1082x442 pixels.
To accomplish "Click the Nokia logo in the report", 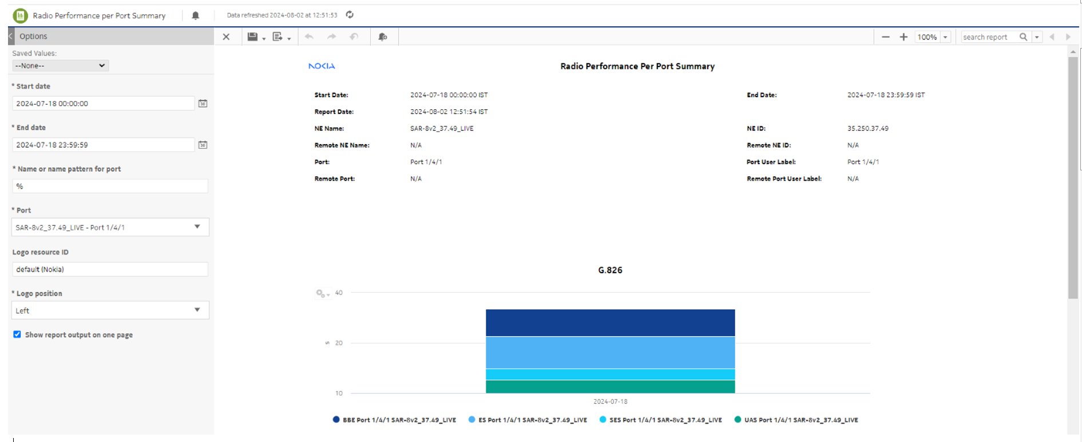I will pos(322,66).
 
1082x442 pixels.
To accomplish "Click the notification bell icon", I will pos(196,15).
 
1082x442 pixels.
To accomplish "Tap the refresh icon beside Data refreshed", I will pos(350,15).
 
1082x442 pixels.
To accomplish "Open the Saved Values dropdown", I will pos(61,66).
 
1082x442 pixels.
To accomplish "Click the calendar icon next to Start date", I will pos(203,103).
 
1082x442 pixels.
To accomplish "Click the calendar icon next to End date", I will pos(203,145).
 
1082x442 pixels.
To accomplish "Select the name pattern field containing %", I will pos(110,186).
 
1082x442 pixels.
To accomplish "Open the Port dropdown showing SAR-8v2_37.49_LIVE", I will pos(110,228).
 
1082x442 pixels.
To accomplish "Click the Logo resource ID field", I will pos(110,269).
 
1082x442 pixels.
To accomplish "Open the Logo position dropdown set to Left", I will pos(110,310).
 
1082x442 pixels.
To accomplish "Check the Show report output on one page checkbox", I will pos(17,335).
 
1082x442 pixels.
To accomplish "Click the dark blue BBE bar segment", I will pos(610,322).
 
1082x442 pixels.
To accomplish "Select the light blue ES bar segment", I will pos(610,352).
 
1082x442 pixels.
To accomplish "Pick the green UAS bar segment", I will pos(610,387).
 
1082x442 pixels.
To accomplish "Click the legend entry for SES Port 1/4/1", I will pos(660,420).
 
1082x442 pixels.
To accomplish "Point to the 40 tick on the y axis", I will pos(339,293).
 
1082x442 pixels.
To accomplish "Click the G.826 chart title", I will pos(610,270).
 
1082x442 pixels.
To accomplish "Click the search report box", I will pos(989,37).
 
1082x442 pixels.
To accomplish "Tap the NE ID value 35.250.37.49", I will pos(867,129).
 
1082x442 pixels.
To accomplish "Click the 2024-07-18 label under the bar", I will pos(610,401).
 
